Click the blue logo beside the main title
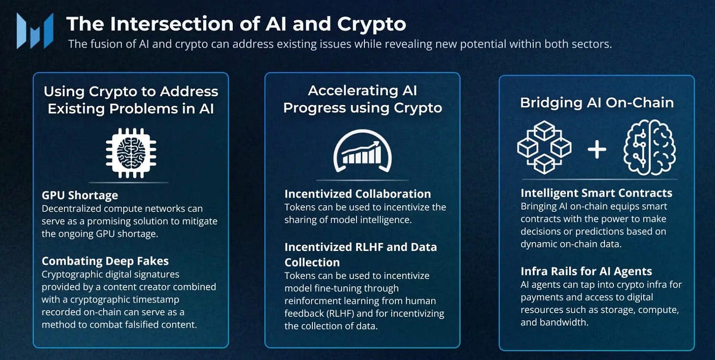34,30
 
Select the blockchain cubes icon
544,147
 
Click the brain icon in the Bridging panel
649,147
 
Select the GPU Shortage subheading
80,195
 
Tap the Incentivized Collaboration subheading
357,194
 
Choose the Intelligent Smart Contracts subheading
596,193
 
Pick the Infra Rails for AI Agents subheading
586,271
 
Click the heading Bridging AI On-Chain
597,102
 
